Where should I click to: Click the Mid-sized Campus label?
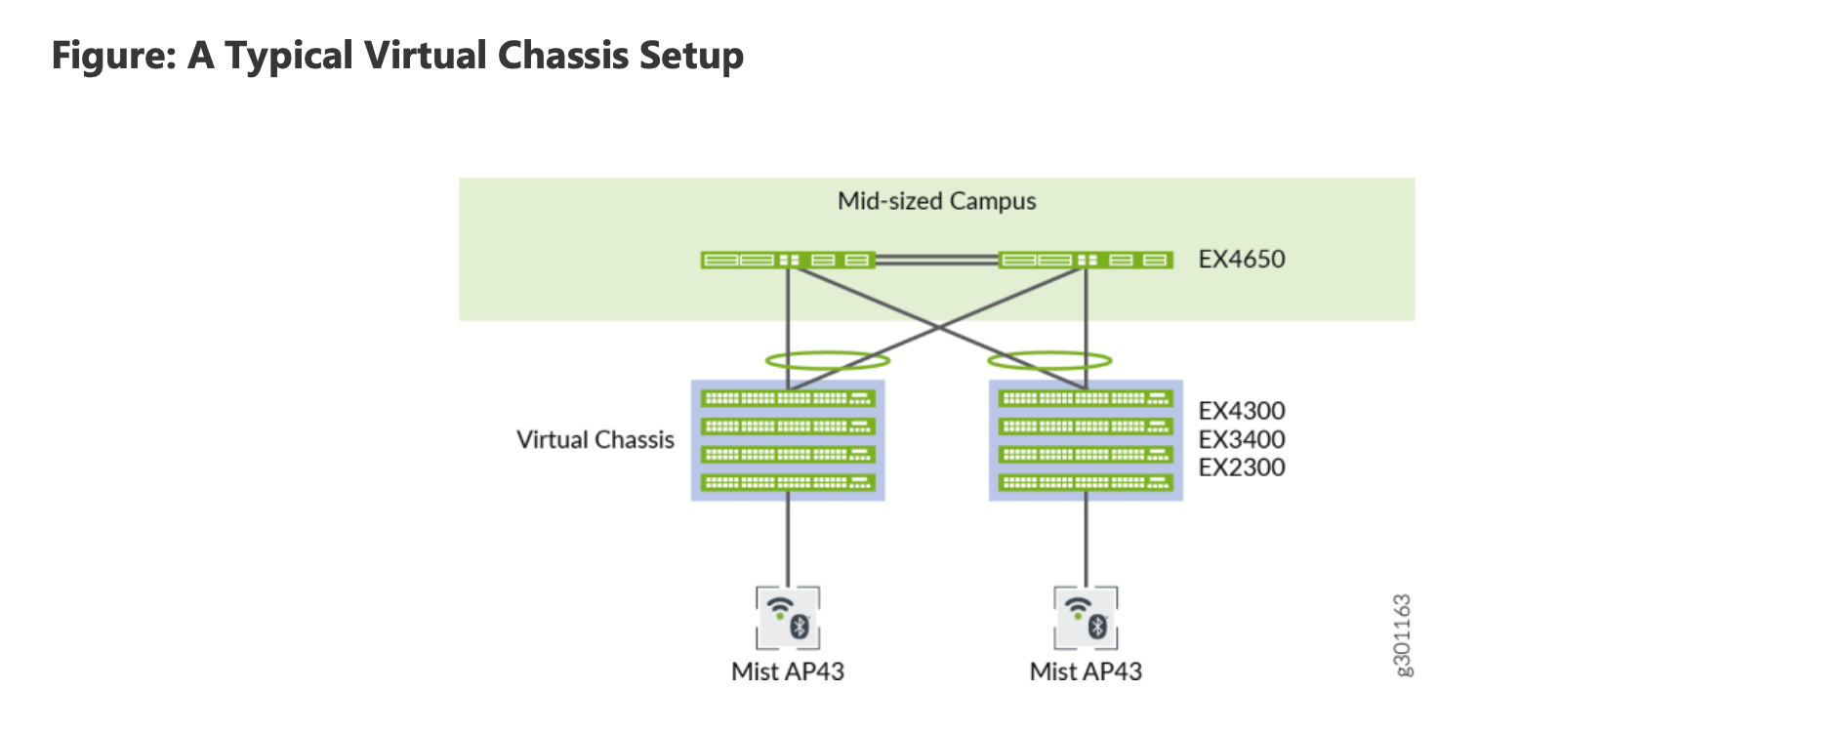936,201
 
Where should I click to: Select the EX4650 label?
1241,259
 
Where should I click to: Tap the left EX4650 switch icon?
787,260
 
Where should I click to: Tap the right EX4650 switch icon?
1086,260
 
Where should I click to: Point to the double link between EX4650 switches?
936,260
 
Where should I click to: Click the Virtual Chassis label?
595,440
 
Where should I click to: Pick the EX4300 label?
1241,411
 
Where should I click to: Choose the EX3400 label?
1241,439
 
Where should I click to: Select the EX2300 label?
1241,468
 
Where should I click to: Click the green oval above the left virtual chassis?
827,360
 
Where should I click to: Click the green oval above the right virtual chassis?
1049,360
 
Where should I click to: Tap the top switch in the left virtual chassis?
787,398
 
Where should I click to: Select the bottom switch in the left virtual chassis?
787,482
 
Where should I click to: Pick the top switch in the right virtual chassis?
1086,398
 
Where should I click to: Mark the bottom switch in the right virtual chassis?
1086,482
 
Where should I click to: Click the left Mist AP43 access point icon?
788,618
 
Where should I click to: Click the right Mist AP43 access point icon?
1086,618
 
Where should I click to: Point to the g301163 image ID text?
1402,634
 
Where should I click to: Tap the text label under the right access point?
1086,671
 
